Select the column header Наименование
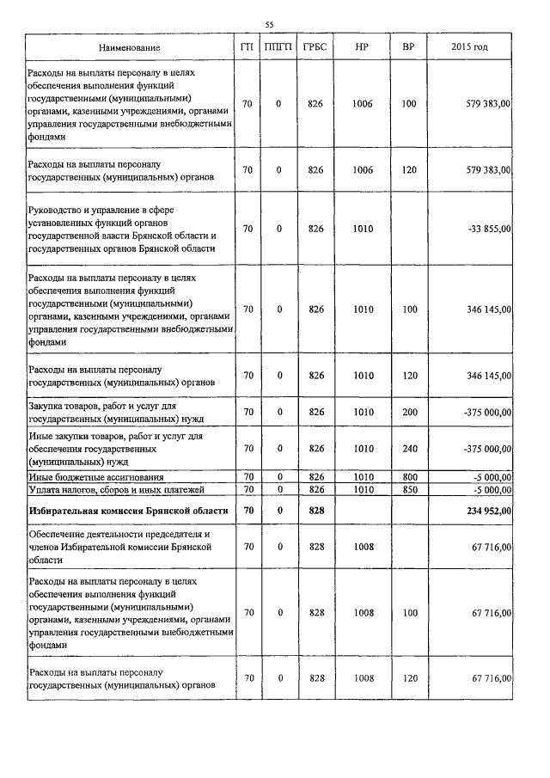[x=129, y=46]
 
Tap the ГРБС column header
[x=315, y=46]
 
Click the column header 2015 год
[x=469, y=46]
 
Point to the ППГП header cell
[x=278, y=46]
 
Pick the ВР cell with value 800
[x=408, y=477]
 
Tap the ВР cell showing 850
[x=408, y=489]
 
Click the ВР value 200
[x=408, y=413]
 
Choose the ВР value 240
[x=408, y=449]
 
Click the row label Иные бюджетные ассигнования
[x=95, y=477]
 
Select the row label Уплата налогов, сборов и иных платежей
[x=115, y=489]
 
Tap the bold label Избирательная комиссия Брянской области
[x=128, y=510]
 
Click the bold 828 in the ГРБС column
[x=315, y=510]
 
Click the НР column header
[x=362, y=46]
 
